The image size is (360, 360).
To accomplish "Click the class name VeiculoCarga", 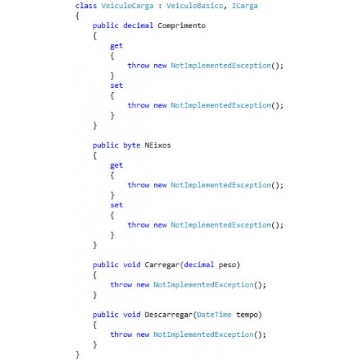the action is pyautogui.click(x=127, y=6).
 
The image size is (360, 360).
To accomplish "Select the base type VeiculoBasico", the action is pyautogui.click(x=194, y=6).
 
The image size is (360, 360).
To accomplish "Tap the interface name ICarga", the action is pyautogui.click(x=245, y=6).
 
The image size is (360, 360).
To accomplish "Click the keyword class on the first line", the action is pyautogui.click(x=86, y=6).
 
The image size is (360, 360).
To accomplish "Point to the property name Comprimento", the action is pyautogui.click(x=181, y=26).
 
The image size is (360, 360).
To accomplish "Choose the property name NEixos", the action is pyautogui.click(x=158, y=145).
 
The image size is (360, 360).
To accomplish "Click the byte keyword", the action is pyautogui.click(x=132, y=145).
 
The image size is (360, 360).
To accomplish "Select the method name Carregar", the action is pyautogui.click(x=162, y=265).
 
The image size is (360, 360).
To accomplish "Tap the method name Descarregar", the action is pyautogui.click(x=168, y=315).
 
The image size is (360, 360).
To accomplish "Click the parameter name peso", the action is pyautogui.click(x=227, y=266).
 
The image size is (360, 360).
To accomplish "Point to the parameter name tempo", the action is pyautogui.click(x=247, y=315).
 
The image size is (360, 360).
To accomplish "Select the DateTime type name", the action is pyautogui.click(x=214, y=315).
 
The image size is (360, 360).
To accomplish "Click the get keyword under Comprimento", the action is pyautogui.click(x=117, y=46).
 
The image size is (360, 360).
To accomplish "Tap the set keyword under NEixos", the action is pyautogui.click(x=117, y=205).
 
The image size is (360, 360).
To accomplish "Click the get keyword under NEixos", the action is pyautogui.click(x=117, y=166).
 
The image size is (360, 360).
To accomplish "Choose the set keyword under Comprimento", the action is pyautogui.click(x=117, y=86).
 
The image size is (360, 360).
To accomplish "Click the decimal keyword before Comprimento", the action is pyautogui.click(x=138, y=25).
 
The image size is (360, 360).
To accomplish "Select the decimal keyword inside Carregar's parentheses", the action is pyautogui.click(x=199, y=265).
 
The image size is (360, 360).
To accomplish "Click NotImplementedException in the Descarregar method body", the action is pyautogui.click(x=203, y=335).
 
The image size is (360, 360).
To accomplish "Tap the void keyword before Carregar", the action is pyautogui.click(x=132, y=265).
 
